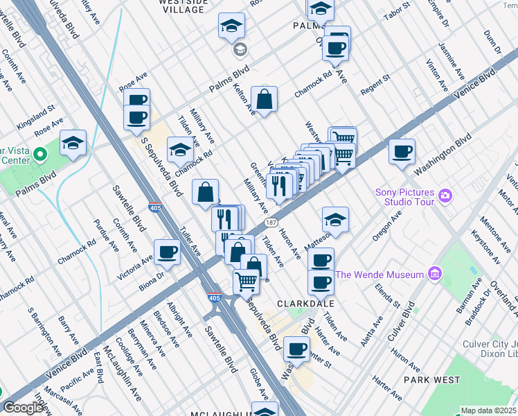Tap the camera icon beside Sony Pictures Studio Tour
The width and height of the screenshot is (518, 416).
tap(444, 197)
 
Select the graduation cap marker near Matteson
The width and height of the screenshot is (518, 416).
tap(335, 220)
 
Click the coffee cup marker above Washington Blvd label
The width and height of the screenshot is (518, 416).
tap(402, 151)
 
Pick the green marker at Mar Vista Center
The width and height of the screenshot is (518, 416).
tap(39, 153)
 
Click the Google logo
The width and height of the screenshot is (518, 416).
tap(23, 408)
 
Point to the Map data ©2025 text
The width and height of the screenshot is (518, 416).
tap(488, 410)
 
